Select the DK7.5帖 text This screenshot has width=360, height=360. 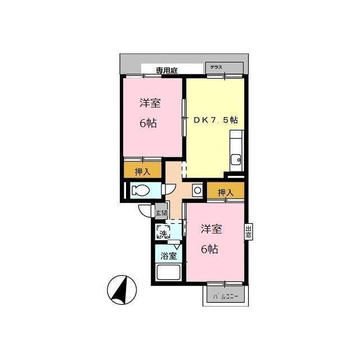tap(215, 120)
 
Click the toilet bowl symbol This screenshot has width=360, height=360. tap(141, 191)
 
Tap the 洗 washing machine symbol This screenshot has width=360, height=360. tap(163, 232)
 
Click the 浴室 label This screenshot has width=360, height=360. tap(168, 255)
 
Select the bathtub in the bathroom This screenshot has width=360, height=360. tap(168, 274)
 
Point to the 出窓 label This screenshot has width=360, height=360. tap(248, 232)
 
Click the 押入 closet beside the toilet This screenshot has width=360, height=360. tap(142, 171)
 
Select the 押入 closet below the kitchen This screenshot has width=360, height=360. tap(225, 192)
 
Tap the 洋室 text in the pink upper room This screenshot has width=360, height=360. tap(150, 103)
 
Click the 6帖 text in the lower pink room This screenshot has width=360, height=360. tap(210, 249)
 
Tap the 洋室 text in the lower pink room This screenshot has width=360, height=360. tap(211, 229)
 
